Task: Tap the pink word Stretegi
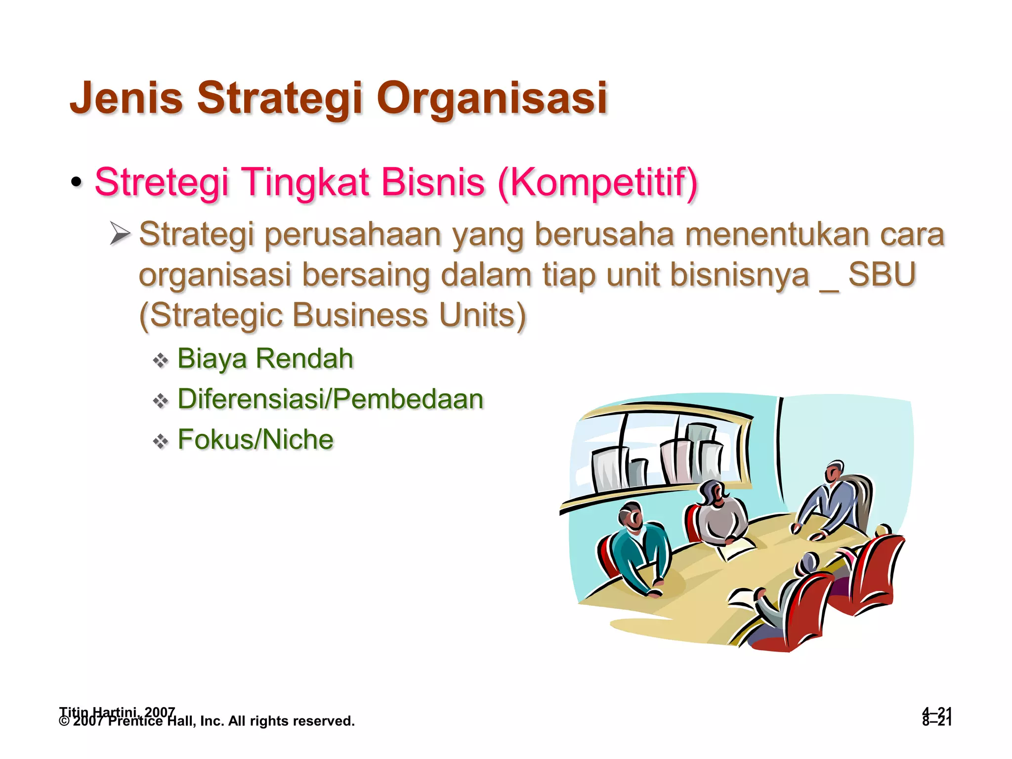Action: pos(162,182)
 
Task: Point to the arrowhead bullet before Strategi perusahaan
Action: pos(120,233)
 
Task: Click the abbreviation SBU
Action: pos(882,274)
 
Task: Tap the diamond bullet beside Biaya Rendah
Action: pos(161,360)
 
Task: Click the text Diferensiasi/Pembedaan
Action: pos(330,399)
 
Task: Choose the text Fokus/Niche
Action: pos(255,439)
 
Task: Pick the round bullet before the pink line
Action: pos(76,182)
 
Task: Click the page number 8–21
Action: pos(936,721)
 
